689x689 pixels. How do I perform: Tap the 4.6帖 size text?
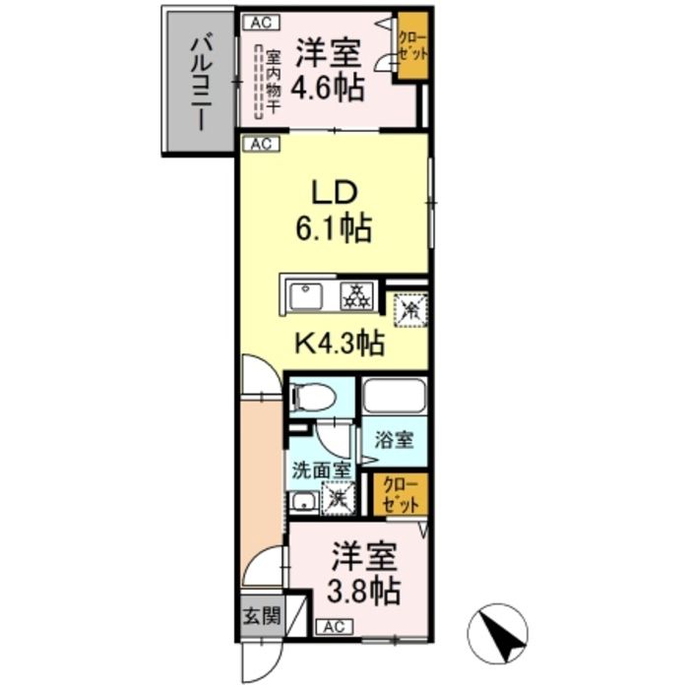click(327, 86)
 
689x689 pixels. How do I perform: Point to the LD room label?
click(335, 191)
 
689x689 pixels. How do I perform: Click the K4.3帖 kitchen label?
click(341, 344)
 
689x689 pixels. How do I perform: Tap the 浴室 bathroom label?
click(394, 440)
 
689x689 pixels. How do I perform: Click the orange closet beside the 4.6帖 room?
click(412, 45)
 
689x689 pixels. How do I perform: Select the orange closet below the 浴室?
click(401, 494)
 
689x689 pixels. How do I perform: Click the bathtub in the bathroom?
click(394, 398)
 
